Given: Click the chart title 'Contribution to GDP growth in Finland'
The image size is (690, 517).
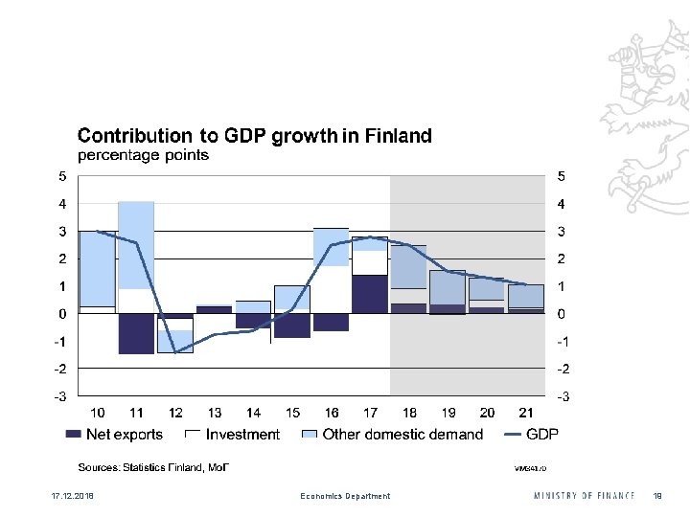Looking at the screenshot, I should (254, 136).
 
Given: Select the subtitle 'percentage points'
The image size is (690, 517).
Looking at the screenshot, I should (143, 155).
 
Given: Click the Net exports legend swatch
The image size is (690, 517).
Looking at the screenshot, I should (73, 435).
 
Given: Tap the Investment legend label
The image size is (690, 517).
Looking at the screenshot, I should (242, 435).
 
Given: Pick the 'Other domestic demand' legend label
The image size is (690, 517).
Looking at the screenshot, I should (402, 435).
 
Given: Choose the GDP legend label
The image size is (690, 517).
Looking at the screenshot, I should (542, 435).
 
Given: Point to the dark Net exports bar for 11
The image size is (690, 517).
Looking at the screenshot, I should (136, 333).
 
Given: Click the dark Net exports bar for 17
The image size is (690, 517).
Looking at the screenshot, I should (369, 294).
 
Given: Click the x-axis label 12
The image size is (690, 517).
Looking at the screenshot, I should (175, 413).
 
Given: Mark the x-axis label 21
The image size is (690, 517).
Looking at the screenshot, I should (525, 413).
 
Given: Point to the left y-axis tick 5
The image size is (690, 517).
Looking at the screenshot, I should (62, 177).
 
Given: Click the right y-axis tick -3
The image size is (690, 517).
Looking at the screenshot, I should (562, 395).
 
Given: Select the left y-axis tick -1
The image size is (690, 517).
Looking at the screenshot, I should (60, 342).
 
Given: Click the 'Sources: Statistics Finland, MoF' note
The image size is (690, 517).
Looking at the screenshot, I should (153, 467).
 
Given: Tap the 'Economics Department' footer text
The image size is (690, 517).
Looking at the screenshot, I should (345, 496).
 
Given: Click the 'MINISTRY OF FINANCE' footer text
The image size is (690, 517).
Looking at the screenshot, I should (585, 496).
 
